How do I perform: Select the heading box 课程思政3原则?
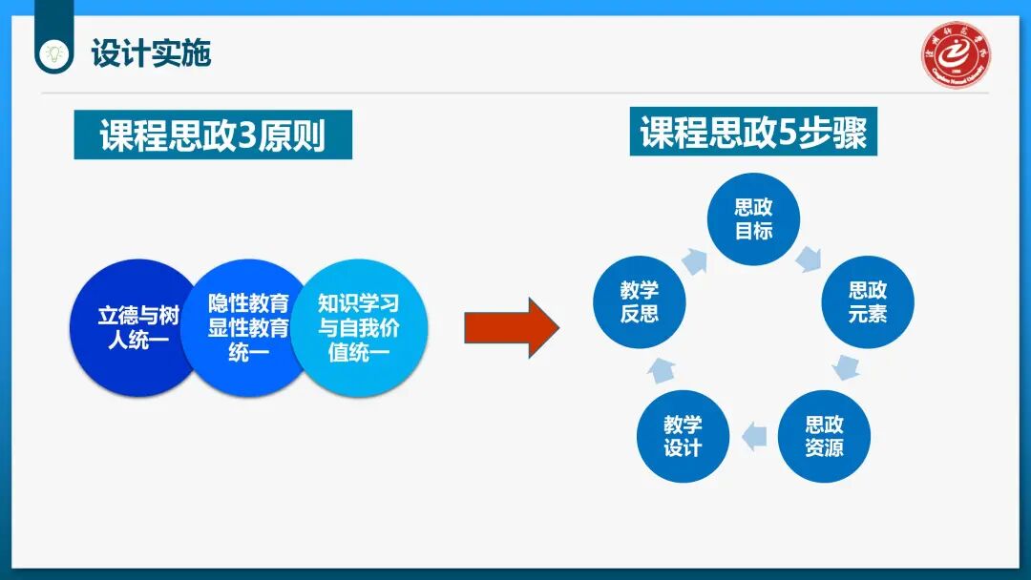coord(213,135)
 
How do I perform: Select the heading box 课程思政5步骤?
coord(753,132)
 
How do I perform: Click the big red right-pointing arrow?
coord(510,327)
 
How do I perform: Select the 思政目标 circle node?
coord(753,219)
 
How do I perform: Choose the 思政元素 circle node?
coord(868,301)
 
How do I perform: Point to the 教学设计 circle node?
coord(683,436)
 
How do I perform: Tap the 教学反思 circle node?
coord(639,301)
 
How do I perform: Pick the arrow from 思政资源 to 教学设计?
coord(755,435)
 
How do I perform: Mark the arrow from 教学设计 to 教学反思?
coord(658,368)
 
